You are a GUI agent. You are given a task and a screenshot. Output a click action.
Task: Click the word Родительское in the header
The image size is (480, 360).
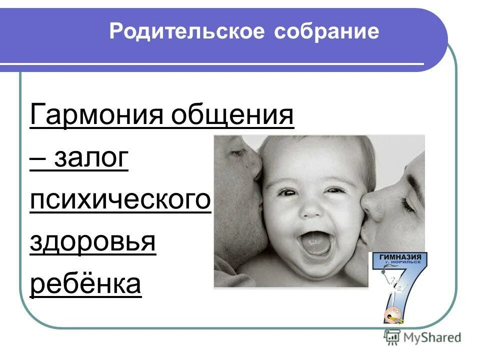click(186, 32)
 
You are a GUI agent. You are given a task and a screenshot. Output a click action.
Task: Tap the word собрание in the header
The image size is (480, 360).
click(326, 32)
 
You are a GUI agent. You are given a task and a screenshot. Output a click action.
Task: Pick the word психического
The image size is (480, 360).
click(120, 201)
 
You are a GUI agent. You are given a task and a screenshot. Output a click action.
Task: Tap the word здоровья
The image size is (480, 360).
click(93, 242)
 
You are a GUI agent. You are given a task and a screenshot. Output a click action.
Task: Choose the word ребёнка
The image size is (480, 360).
click(85, 284)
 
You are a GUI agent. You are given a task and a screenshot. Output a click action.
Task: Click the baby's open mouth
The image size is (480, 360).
click(316, 243)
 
